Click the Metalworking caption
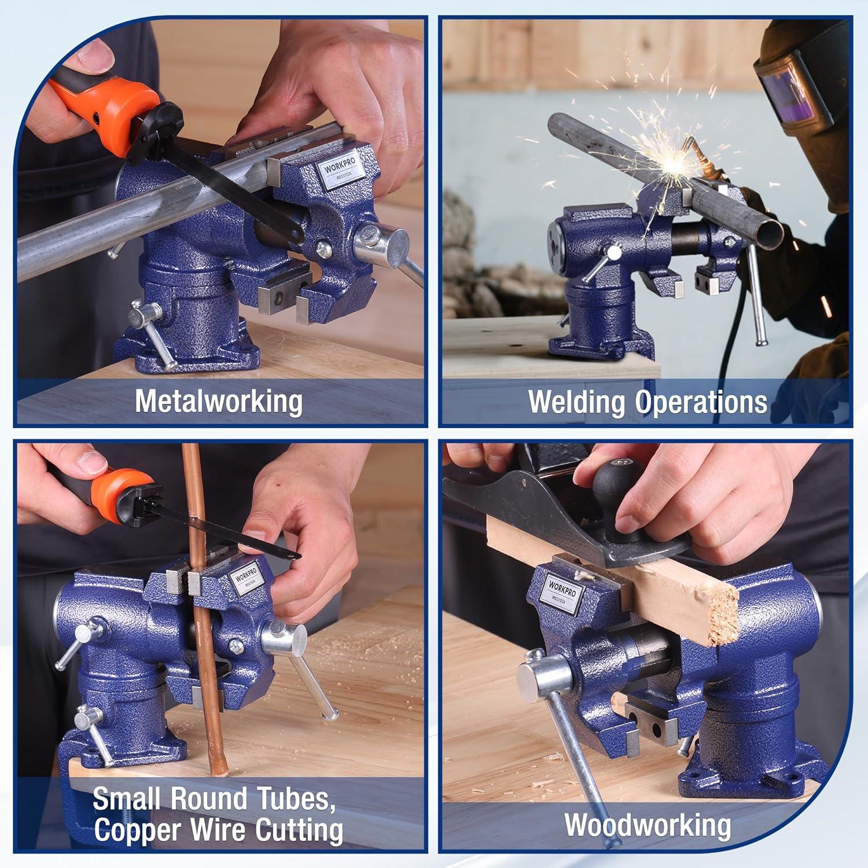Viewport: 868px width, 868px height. [x=219, y=401]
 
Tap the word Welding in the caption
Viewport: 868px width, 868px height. [x=576, y=402]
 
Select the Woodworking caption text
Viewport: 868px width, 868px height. [x=648, y=825]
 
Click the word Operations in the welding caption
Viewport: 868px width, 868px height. [x=701, y=402]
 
